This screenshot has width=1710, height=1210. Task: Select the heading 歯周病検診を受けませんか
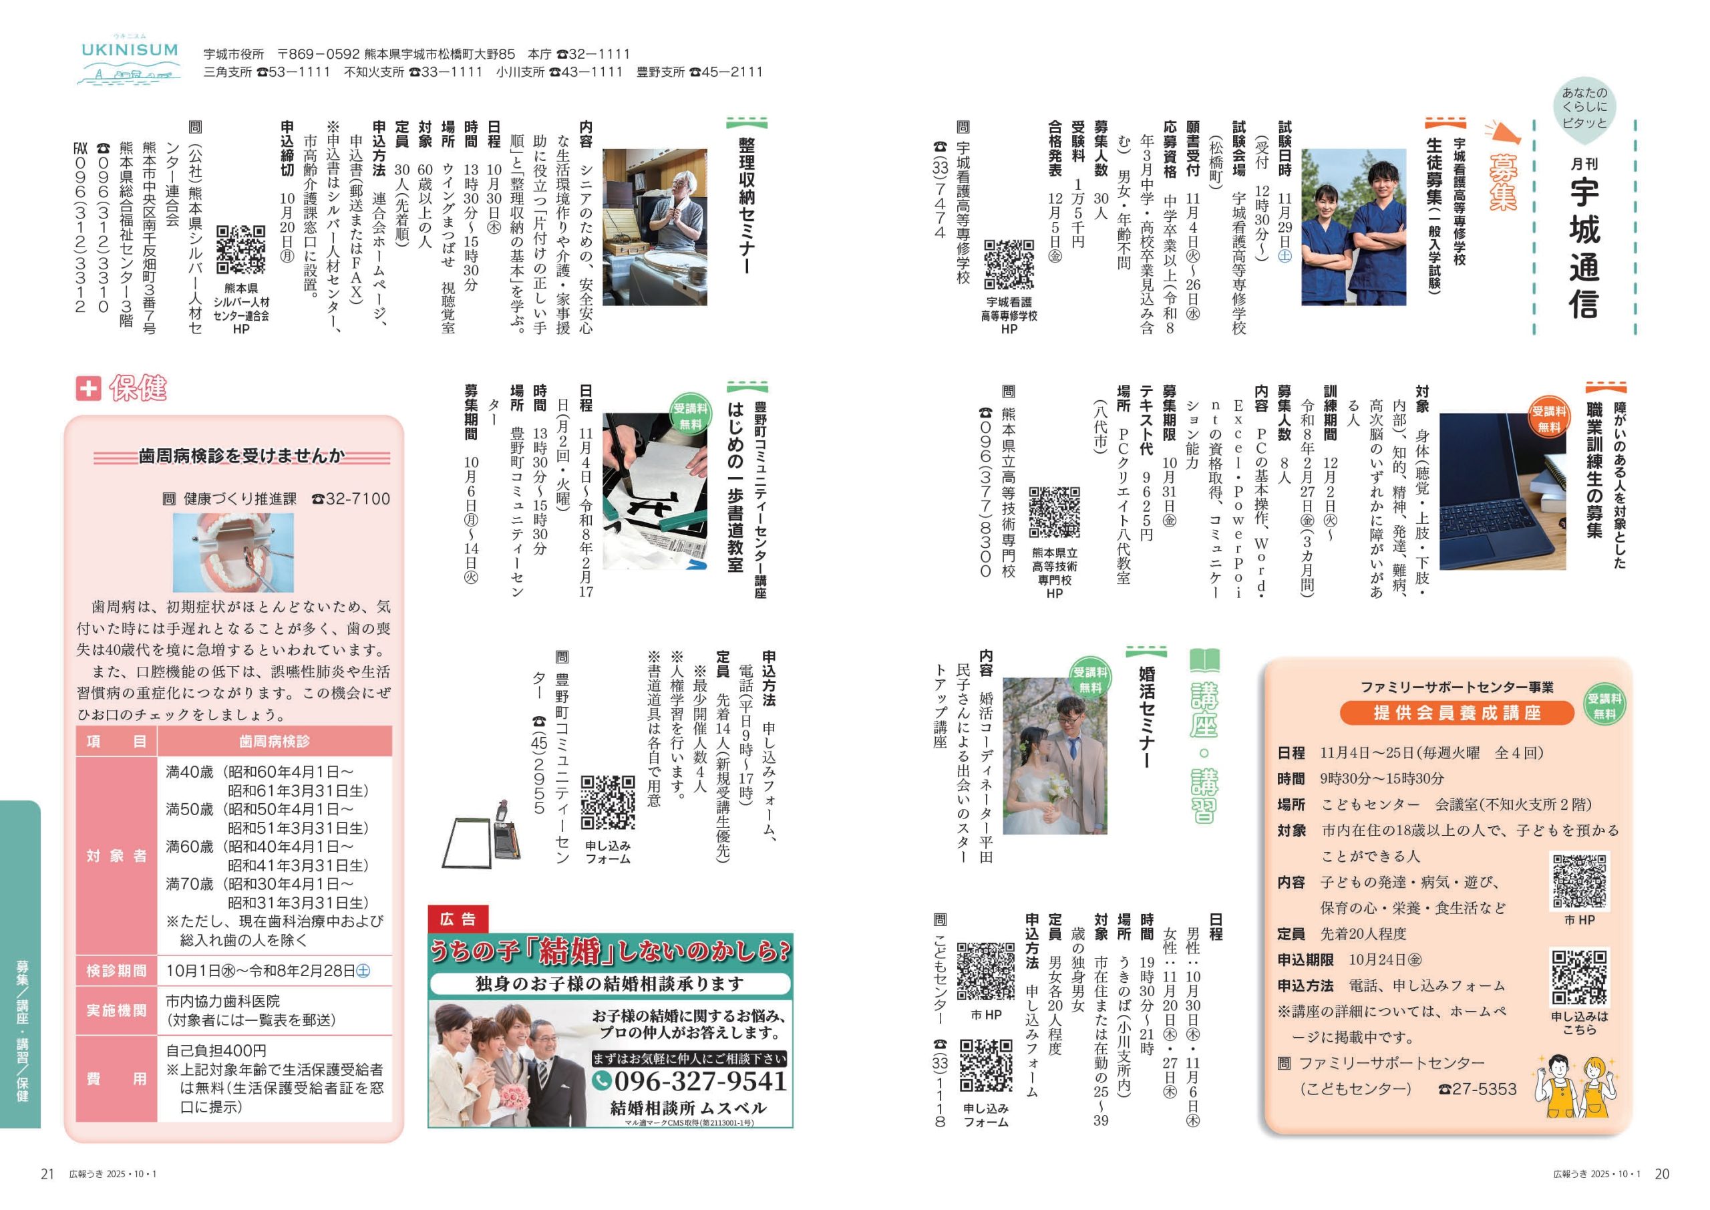coord(242,456)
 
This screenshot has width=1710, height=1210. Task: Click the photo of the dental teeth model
coord(233,552)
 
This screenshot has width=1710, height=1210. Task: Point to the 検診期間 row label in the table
coord(116,971)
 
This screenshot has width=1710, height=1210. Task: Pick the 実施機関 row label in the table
coord(116,1010)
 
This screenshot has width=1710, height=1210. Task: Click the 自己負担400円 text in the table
coord(216,1050)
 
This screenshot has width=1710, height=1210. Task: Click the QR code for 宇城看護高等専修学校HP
coord(1009,265)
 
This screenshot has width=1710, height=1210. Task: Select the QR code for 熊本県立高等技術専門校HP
coord(1055,512)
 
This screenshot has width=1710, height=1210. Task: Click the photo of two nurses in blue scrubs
coord(1353,226)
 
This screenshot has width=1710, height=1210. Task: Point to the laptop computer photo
coord(1502,492)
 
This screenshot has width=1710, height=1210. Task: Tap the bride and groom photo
coord(1055,756)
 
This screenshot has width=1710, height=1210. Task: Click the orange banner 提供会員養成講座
coord(1457,713)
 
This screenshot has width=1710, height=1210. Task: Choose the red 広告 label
coord(458,919)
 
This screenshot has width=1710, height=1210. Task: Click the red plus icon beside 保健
coord(88,388)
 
